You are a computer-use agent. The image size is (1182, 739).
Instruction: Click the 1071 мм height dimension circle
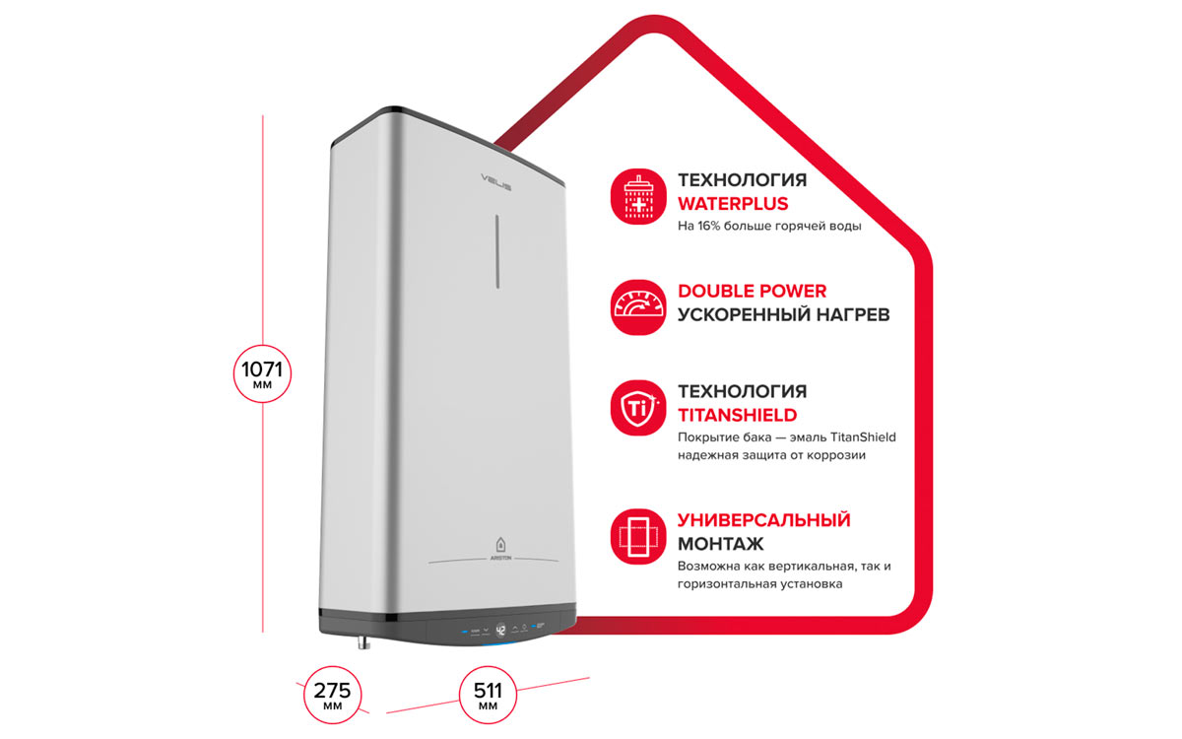click(x=262, y=373)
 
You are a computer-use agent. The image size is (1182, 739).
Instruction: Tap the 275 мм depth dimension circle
click(x=333, y=695)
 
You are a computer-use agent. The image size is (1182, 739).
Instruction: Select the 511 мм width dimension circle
click(x=488, y=695)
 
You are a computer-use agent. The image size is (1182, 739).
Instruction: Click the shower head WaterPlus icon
click(x=638, y=196)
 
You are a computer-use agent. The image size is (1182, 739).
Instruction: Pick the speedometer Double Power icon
click(x=638, y=307)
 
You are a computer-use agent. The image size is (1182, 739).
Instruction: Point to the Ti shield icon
click(x=638, y=408)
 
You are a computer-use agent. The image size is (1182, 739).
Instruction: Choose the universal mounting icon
click(x=638, y=536)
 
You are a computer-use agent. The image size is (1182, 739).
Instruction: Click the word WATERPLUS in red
click(x=733, y=204)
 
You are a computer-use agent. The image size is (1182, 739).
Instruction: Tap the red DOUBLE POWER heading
click(x=752, y=291)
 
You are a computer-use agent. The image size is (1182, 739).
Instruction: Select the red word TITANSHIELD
click(x=737, y=416)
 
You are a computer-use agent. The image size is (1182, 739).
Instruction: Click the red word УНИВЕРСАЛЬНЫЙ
click(x=764, y=520)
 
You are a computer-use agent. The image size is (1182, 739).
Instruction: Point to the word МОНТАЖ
click(x=720, y=544)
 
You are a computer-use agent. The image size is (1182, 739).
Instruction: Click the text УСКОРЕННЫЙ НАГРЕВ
click(x=784, y=314)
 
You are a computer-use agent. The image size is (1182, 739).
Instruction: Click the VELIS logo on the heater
click(x=496, y=181)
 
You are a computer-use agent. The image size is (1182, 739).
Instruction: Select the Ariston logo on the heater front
click(x=500, y=550)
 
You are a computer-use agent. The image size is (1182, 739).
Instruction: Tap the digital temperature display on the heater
click(x=500, y=631)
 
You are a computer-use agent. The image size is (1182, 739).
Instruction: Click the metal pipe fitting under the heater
click(x=363, y=641)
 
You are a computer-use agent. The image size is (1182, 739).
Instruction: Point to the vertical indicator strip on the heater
click(x=497, y=251)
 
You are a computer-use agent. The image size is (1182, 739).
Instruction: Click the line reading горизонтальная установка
click(x=759, y=584)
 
